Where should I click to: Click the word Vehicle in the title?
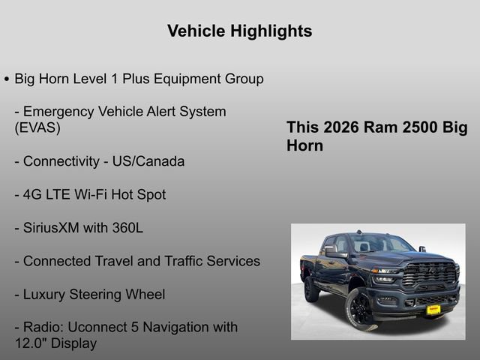click(x=195, y=31)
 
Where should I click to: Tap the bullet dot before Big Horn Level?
click(x=7, y=79)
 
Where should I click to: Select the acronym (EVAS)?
click(x=37, y=127)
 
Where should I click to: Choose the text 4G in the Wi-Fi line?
click(x=32, y=194)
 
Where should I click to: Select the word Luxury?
click(x=46, y=294)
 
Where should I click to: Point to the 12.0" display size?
click(x=31, y=343)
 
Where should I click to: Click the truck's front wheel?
click(x=360, y=308)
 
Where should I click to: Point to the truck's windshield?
click(x=379, y=244)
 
